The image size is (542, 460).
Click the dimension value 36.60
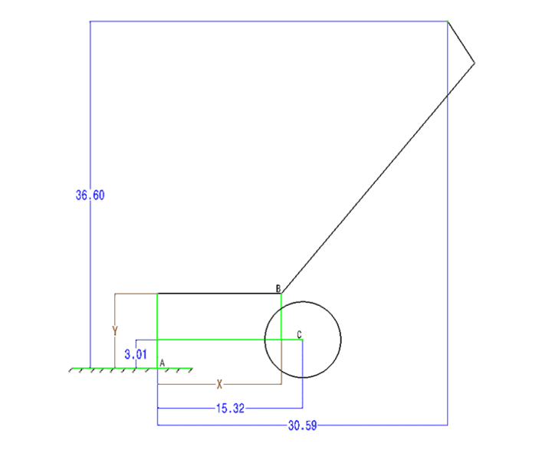pos(90,195)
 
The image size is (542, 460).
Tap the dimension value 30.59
pos(303,426)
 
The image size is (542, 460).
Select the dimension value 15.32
pos(230,409)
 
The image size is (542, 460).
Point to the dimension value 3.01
pos(136,354)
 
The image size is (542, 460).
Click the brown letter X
pos(219,384)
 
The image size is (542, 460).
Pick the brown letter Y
pos(115,330)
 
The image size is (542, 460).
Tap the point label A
pos(162,363)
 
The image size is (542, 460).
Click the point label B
pos(278,288)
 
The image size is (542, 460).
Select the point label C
pos(299,334)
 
